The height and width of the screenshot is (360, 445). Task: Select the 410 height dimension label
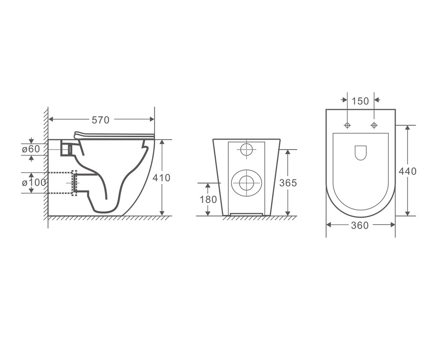162,178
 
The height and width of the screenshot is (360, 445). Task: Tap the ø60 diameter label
31,149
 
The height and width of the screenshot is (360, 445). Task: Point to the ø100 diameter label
34,183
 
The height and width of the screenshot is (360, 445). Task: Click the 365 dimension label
288,183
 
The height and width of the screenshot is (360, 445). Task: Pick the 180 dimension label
207,200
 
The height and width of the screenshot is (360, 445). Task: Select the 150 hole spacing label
360,101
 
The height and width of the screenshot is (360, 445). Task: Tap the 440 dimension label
408,171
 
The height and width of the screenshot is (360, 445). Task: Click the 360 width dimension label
360,225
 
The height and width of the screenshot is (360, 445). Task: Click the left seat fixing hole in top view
347,125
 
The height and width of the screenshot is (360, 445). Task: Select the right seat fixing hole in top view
374,125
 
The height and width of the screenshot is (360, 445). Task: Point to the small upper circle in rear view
246,149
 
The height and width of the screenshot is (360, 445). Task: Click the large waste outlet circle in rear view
246,183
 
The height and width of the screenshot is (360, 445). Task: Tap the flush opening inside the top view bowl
361,152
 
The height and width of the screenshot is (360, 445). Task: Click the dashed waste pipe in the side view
61,183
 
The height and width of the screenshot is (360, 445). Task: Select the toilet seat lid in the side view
114,136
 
